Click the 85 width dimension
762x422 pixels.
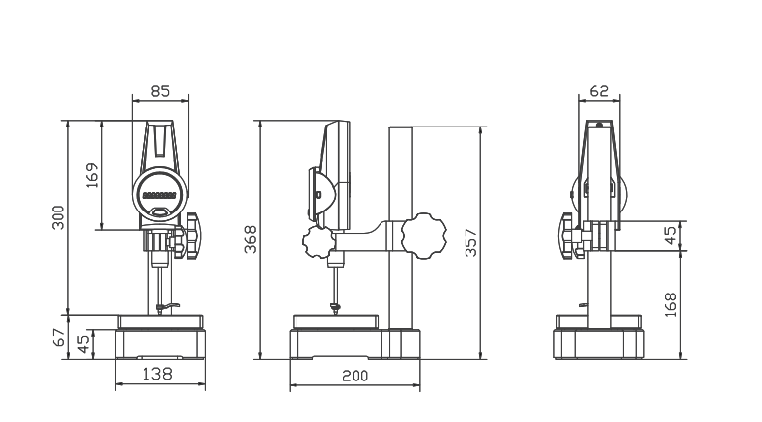(160, 91)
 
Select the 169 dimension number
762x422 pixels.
(91, 175)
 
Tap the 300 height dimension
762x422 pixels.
(58, 217)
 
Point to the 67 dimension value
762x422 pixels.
(58, 337)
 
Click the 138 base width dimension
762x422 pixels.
(157, 374)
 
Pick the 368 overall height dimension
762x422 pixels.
(250, 239)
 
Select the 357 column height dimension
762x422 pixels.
(470, 242)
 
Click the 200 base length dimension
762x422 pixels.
(355, 376)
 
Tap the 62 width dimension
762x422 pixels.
(599, 91)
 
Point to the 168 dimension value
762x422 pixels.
(671, 304)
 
